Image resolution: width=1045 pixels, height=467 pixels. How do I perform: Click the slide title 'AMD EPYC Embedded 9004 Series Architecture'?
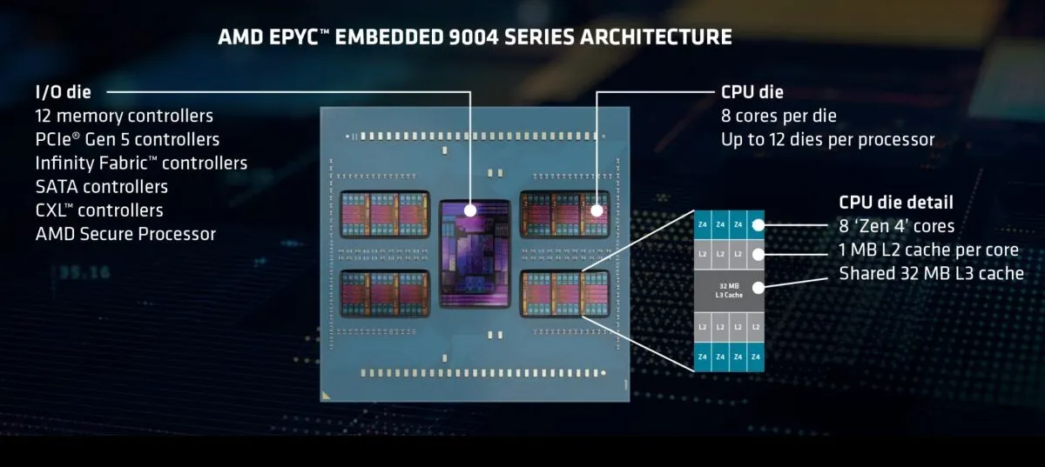click(x=475, y=37)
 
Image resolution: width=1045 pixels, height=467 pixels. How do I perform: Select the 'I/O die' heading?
click(x=63, y=92)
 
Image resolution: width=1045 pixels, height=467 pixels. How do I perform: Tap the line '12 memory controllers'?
click(x=124, y=116)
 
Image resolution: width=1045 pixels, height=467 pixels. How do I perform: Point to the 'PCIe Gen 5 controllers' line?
click(x=127, y=139)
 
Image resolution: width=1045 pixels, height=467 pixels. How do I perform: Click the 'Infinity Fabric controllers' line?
click(x=141, y=163)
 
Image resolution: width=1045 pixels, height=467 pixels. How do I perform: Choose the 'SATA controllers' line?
click(x=102, y=187)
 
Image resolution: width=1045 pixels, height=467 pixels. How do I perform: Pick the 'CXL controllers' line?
click(x=99, y=210)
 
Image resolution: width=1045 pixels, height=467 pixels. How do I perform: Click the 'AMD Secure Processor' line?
click(x=125, y=234)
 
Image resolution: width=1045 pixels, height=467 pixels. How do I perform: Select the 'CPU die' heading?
click(x=752, y=92)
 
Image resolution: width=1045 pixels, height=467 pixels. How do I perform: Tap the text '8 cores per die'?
click(x=779, y=116)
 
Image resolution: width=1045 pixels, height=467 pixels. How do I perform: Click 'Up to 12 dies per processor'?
click(x=827, y=139)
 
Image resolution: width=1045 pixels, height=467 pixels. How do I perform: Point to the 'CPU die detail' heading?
click(x=896, y=203)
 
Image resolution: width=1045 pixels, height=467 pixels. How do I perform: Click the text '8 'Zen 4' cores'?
click(x=897, y=226)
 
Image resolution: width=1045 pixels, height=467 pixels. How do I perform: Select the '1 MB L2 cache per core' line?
click(x=929, y=250)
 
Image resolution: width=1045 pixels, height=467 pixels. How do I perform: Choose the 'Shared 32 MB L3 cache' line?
click(x=931, y=273)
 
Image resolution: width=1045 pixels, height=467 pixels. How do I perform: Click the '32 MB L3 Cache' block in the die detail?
click(x=729, y=290)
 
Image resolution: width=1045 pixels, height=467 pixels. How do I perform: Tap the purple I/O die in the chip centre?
click(x=475, y=254)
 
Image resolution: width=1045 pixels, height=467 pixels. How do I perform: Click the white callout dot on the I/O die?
click(x=470, y=210)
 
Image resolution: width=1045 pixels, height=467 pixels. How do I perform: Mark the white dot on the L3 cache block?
click(x=758, y=288)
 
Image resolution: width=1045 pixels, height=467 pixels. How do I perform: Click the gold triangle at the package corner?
click(x=326, y=397)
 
